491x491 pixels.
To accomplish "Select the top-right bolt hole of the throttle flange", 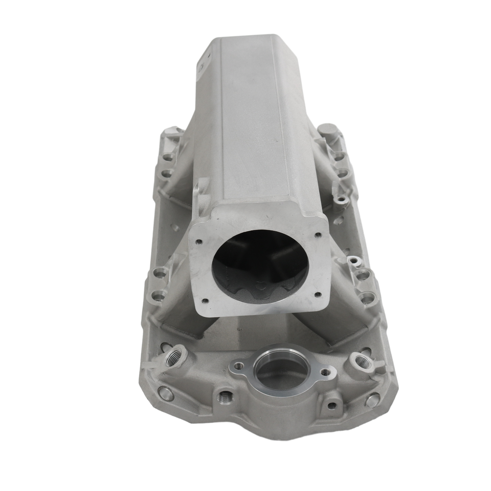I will point(318,235).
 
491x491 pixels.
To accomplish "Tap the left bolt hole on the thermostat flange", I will point(238,366).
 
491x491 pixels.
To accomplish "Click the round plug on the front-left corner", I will point(166,393).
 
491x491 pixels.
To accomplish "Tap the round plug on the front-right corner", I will point(372,400).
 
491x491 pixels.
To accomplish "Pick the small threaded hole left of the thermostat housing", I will point(223,396).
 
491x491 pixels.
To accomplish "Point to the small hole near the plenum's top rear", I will point(202,66).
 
